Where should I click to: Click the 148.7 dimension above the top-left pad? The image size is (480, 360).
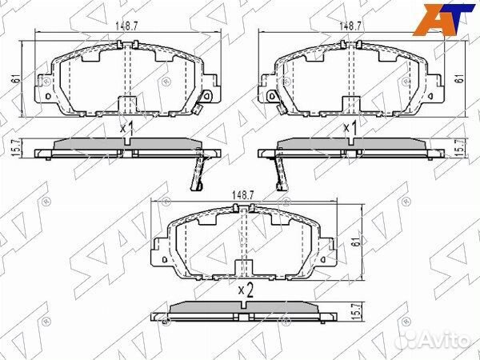tap(127, 26)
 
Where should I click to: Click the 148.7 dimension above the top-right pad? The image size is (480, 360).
tap(351, 26)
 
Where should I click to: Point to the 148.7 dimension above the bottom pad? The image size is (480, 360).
tap(243, 195)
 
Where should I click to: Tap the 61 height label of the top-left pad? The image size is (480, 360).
tap(17, 78)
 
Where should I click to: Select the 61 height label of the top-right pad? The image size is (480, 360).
tap(459, 78)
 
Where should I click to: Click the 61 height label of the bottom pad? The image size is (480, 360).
tap(355, 242)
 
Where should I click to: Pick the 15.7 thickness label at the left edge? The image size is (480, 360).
tap(17, 148)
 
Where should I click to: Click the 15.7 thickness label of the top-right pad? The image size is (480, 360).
tap(459, 148)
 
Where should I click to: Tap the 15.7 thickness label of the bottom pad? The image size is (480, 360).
tap(355, 312)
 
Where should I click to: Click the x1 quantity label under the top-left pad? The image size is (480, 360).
tap(126, 128)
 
